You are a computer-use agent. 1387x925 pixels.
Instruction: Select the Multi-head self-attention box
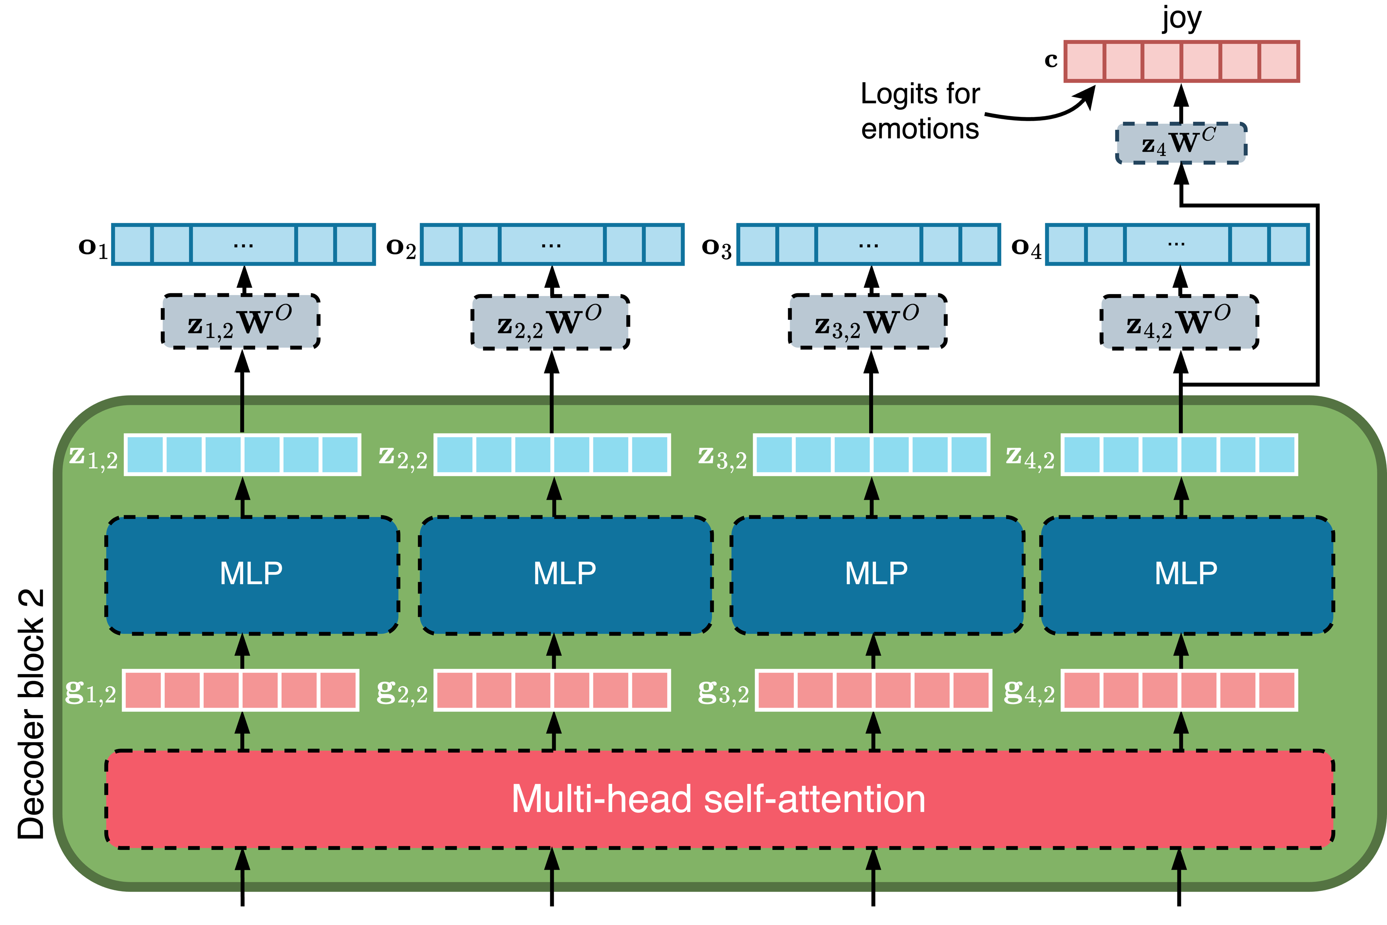click(x=718, y=799)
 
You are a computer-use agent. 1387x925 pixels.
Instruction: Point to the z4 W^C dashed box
click(x=1181, y=143)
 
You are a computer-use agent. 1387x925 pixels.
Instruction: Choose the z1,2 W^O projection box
click(x=241, y=321)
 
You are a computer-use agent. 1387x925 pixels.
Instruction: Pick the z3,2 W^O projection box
click(x=867, y=321)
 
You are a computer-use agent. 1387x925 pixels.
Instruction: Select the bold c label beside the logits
click(x=1051, y=60)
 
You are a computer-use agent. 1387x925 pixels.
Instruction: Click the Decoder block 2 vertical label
click(x=31, y=714)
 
